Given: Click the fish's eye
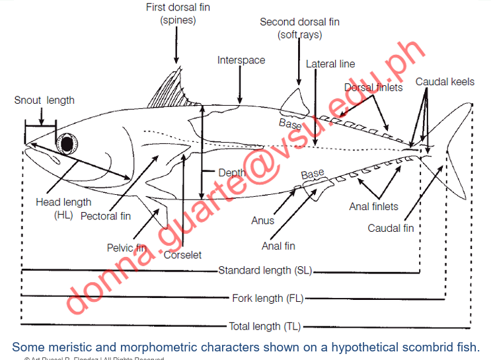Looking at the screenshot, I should tap(67, 143).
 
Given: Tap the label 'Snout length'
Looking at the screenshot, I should tap(44, 100).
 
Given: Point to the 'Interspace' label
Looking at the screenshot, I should tap(241, 60).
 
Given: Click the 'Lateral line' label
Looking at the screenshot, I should tap(330, 64).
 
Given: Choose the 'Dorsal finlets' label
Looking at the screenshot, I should tap(373, 87).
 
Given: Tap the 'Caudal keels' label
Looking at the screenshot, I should tap(445, 82).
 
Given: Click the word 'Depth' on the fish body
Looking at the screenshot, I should tap(232, 173).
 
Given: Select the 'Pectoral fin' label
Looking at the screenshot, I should tap(106, 216).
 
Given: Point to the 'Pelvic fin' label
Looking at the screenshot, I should tap(126, 248).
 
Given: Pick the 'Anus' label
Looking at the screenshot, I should tap(262, 221).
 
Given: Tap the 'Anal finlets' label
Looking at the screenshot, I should tap(374, 207).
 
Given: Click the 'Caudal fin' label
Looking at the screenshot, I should tap(391, 229).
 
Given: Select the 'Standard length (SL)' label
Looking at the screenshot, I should tap(264, 270).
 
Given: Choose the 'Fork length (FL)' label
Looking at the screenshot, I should tap(268, 298).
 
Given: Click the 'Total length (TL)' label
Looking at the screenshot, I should tap(264, 326).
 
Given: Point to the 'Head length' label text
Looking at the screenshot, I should tap(63, 202).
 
